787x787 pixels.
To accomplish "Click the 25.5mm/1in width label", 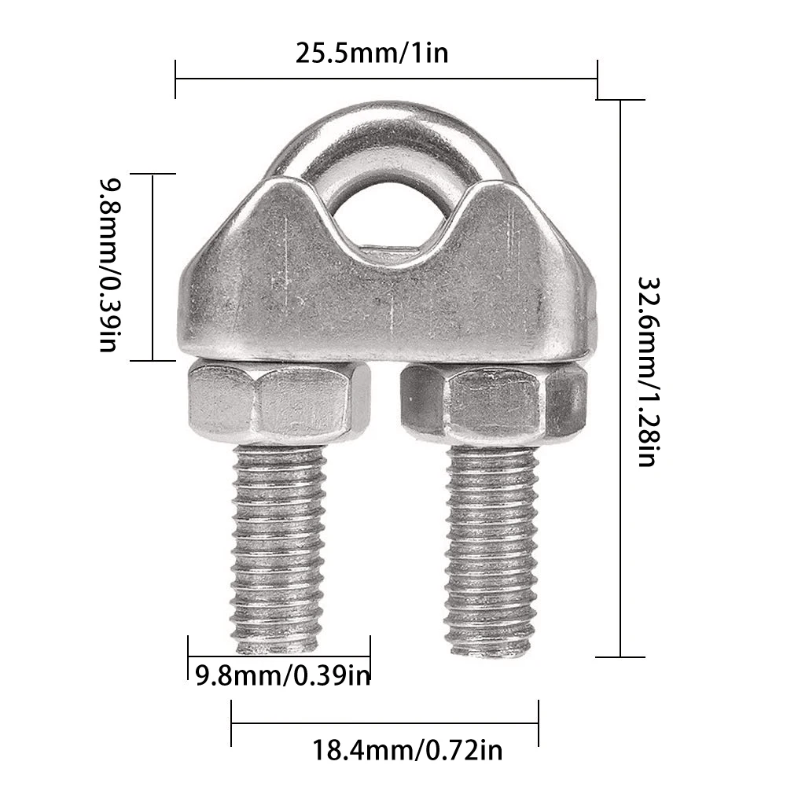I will pyautogui.click(x=372, y=53).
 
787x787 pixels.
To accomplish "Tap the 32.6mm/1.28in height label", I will pyautogui.click(x=646, y=371).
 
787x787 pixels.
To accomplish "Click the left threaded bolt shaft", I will pyautogui.click(x=279, y=542).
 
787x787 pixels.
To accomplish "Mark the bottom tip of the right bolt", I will pyautogui.click(x=492, y=651).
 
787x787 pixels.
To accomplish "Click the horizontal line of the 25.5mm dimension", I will pyautogui.click(x=385, y=79).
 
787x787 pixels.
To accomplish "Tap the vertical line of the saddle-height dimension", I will pyautogui.click(x=152, y=267).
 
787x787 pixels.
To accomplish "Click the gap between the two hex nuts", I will pyautogui.click(x=385, y=401).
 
